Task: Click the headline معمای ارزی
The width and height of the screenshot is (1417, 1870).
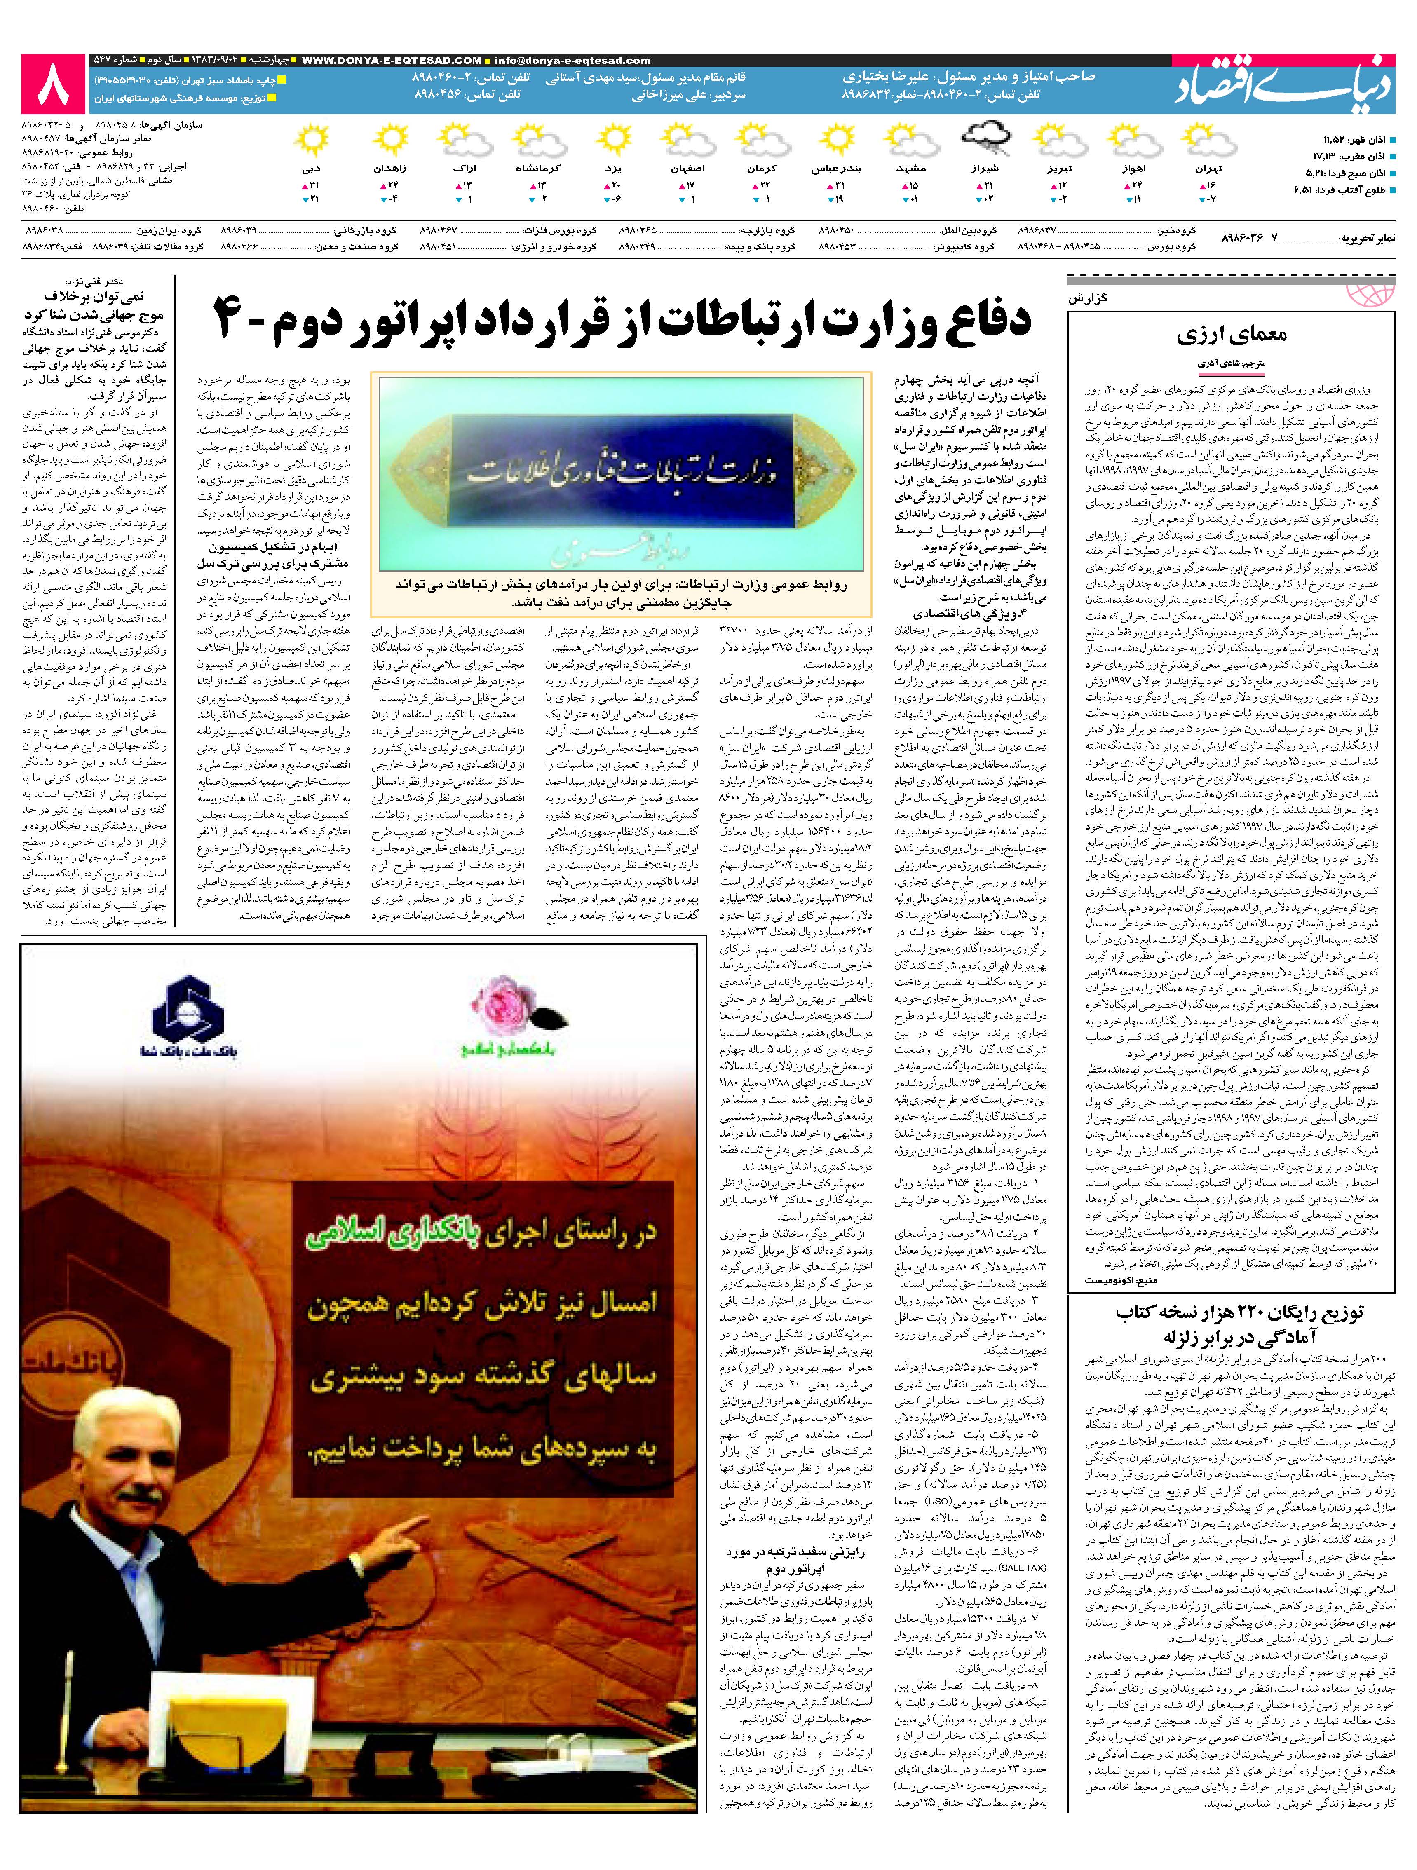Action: tap(1232, 335)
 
